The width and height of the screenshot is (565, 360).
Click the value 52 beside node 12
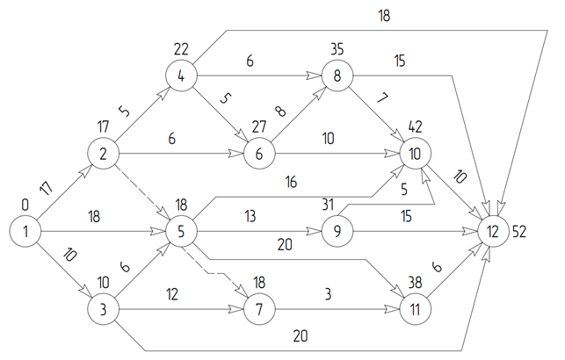point(519,232)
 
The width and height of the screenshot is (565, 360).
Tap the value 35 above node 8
point(337,49)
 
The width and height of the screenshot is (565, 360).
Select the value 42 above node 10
point(415,126)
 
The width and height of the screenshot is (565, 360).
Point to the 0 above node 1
point(25,205)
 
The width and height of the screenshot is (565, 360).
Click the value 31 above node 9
point(328,205)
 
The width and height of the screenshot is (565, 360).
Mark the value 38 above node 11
point(415,283)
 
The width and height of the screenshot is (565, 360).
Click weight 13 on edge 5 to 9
point(250,216)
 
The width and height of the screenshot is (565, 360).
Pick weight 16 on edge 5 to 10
point(291,182)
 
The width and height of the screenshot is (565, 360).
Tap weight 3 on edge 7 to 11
point(328,294)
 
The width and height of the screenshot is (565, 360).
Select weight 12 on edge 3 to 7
point(172,294)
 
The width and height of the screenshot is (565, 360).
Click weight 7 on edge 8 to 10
point(382,97)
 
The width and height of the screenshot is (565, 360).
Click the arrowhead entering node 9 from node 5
point(314,232)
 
